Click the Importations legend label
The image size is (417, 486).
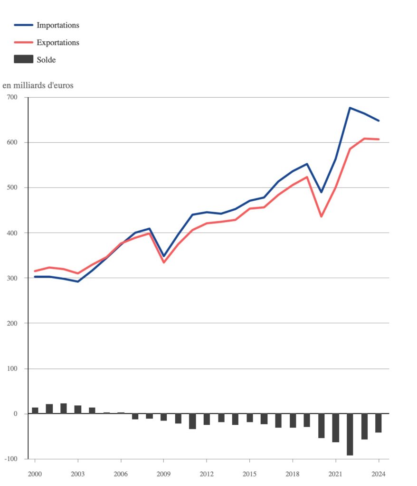tap(58, 25)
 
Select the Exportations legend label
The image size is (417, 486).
tap(58, 42)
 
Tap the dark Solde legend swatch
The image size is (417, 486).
tap(24, 59)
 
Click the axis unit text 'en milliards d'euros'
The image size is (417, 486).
tap(38, 85)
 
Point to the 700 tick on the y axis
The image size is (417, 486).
tap(12, 97)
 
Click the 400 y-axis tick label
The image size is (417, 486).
tap(12, 233)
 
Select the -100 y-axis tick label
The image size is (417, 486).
tap(11, 459)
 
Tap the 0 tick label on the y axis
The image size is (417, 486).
tap(16, 414)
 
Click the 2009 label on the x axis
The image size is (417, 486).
tap(163, 474)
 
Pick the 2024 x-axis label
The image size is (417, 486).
tap(379, 474)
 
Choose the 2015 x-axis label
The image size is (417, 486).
tap(249, 474)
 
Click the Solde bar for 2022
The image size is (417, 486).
tap(350, 434)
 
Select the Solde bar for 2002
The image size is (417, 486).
tap(64, 409)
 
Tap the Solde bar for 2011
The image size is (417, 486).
tap(192, 421)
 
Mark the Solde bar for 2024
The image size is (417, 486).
tap(379, 423)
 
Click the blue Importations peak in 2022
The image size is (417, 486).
tap(350, 108)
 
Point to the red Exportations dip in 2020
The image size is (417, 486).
tap(321, 216)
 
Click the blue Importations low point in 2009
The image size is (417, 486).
tap(164, 256)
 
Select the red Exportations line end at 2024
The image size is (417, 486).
tap(379, 139)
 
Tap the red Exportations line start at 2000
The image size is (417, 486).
tap(35, 271)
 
